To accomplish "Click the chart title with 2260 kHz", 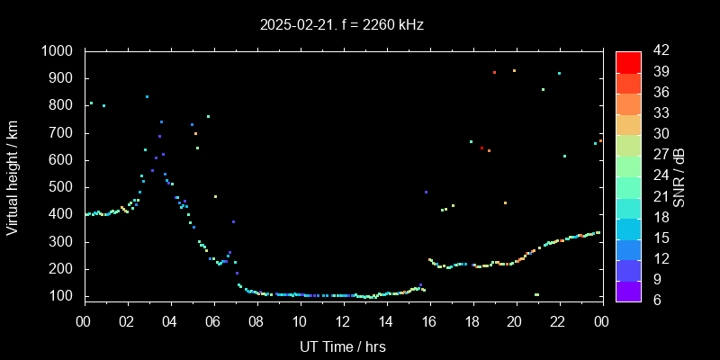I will (342, 24).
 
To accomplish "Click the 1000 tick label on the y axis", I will (58, 51).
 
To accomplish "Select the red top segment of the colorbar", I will (628, 61).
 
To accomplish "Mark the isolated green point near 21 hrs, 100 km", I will (536, 294).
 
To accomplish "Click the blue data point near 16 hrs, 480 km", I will (426, 192).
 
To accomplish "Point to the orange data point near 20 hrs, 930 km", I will (514, 70).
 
